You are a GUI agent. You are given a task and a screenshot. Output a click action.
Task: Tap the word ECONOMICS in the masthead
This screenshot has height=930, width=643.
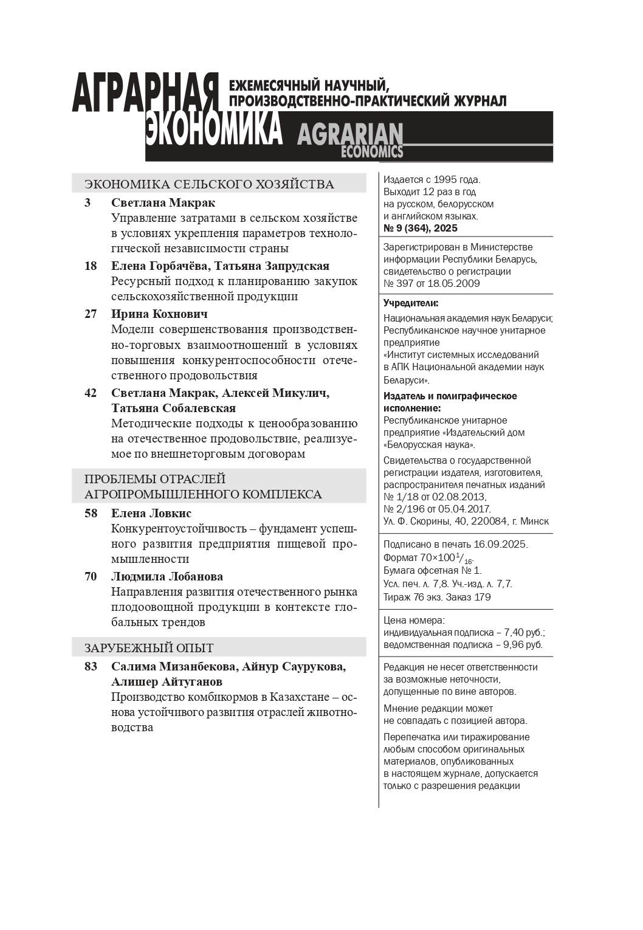pos(372,152)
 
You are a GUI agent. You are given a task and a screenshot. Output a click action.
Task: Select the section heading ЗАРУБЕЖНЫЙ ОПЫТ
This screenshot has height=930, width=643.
pos(149,648)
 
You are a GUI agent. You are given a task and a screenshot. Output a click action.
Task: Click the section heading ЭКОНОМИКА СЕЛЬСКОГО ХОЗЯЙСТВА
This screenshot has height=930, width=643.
pos(209,184)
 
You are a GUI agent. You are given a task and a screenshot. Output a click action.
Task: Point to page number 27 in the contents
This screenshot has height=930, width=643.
pos(91,314)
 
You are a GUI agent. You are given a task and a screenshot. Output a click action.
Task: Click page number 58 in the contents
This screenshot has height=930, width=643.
pos(91,514)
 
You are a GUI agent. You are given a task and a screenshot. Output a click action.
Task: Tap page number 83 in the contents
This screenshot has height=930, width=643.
pos(91,667)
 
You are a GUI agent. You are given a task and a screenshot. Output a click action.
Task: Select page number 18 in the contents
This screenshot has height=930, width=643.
pos(91,266)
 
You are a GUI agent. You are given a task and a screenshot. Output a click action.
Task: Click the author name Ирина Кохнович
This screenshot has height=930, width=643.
pos(159,314)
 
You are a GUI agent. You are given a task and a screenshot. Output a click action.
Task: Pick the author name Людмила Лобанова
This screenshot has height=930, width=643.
pos(167,577)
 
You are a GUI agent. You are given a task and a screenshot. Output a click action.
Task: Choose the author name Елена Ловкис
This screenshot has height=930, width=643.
pos(151,514)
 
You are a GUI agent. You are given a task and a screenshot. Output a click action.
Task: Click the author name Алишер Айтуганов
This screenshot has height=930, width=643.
pos(167,682)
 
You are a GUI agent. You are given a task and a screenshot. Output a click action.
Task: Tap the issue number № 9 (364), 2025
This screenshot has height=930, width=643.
pos(421,229)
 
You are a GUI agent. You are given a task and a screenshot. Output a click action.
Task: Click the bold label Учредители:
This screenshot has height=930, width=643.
pos(411,303)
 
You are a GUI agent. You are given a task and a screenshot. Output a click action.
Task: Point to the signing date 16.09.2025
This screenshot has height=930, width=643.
pos(503,544)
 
